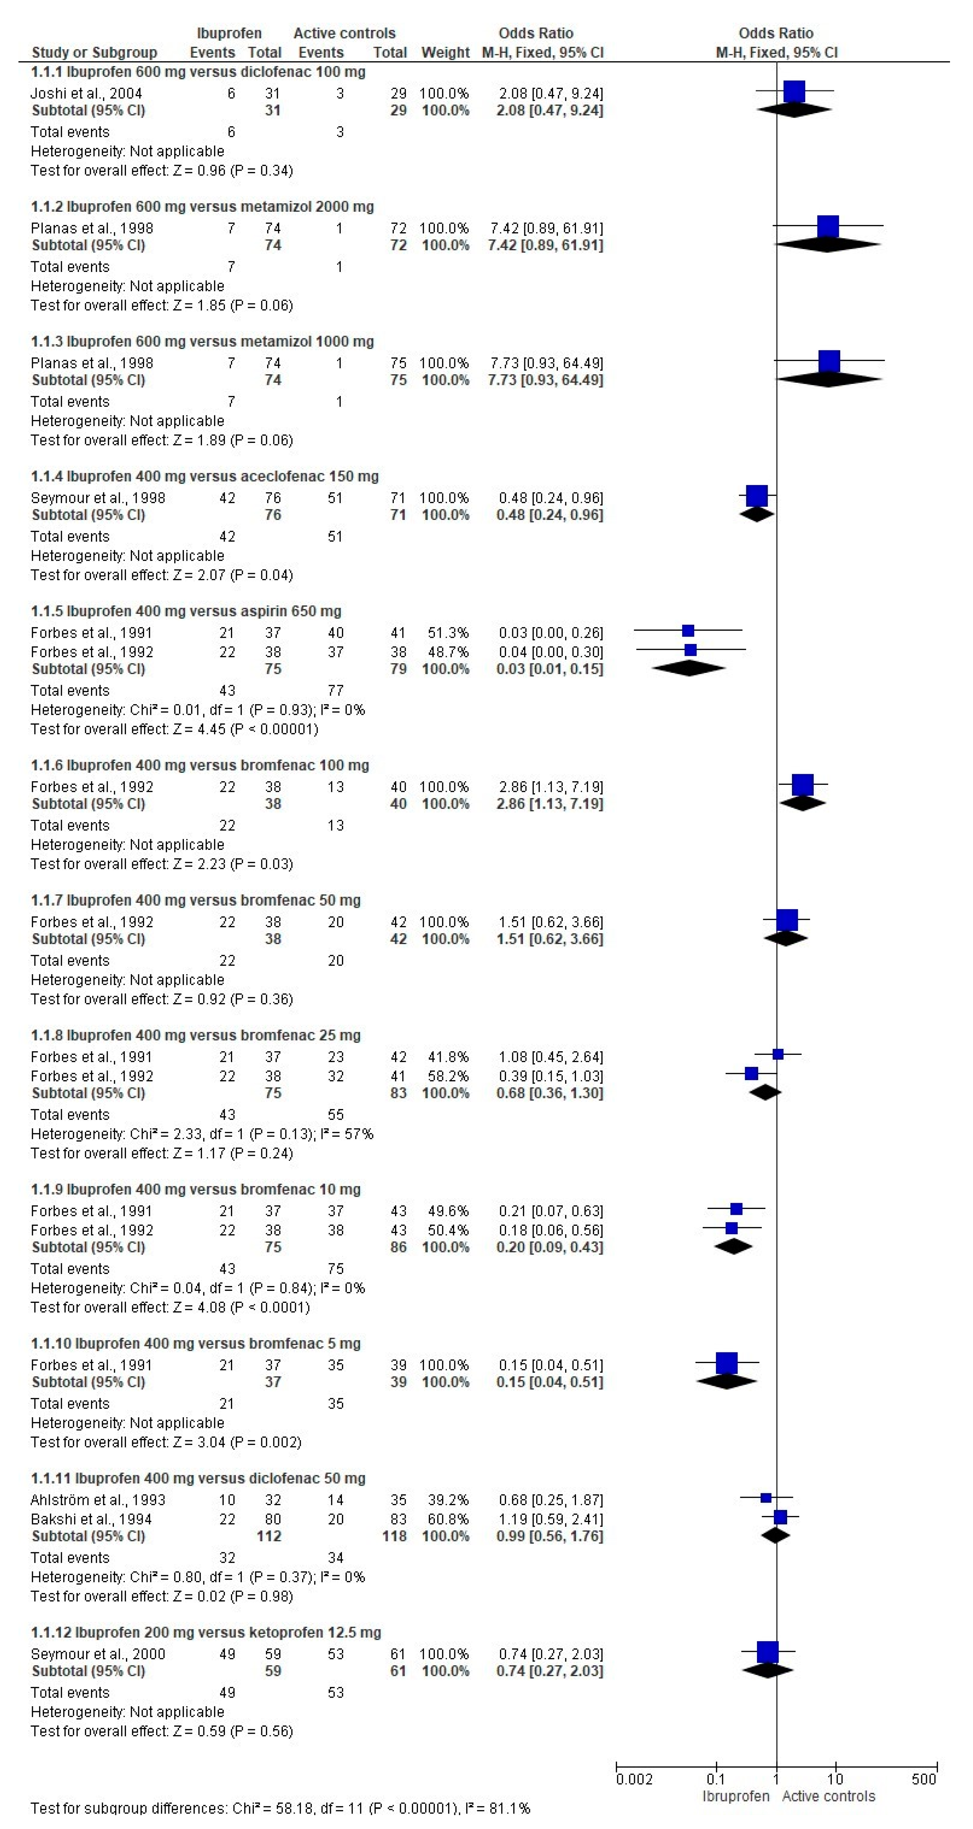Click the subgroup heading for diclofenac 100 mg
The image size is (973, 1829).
pyautogui.click(x=198, y=72)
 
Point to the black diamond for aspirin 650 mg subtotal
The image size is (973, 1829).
pyautogui.click(x=688, y=668)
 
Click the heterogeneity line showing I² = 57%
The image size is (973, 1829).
pyautogui.click(x=202, y=1134)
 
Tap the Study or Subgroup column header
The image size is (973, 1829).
pyautogui.click(x=95, y=52)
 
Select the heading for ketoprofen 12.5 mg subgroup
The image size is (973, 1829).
pyautogui.click(x=206, y=1632)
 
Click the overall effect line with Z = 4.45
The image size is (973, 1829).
pyautogui.click(x=174, y=729)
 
